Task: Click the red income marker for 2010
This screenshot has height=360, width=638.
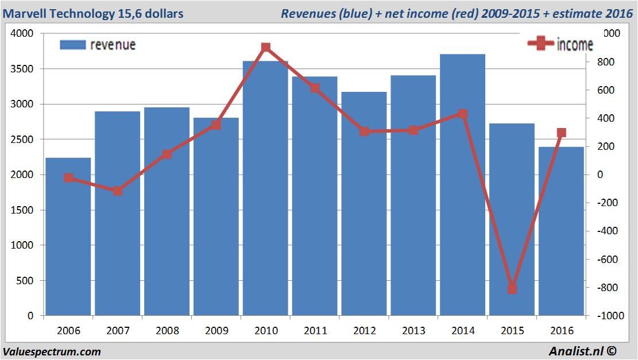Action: click(266, 47)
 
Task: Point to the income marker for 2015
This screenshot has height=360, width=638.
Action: click(512, 289)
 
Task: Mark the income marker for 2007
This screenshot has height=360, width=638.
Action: click(118, 191)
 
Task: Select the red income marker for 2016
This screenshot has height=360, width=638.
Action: click(562, 133)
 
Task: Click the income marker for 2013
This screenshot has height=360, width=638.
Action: click(413, 130)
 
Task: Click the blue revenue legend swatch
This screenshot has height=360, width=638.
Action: click(72, 45)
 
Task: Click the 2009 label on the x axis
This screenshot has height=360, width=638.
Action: click(216, 331)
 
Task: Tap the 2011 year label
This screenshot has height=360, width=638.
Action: click(315, 331)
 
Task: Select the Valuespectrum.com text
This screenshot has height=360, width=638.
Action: click(52, 351)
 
